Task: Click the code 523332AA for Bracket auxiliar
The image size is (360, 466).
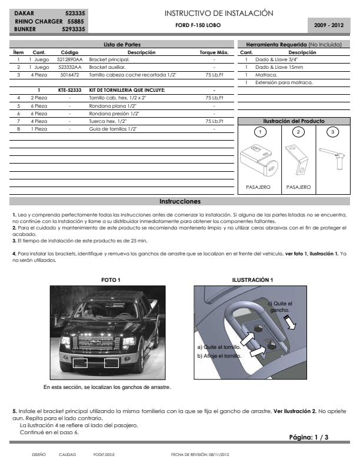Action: coord(70,67)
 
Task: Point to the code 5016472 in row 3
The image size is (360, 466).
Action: coord(70,75)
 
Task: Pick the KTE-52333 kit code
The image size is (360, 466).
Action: coord(70,89)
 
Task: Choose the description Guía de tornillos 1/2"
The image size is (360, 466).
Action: coord(113,128)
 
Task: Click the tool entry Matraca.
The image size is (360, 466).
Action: coord(264,75)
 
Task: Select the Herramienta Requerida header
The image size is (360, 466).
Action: coord(293,44)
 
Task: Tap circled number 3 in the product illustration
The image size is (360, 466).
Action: coord(334,132)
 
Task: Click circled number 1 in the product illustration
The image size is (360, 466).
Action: coord(257,132)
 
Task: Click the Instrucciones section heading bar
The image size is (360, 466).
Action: coord(180,201)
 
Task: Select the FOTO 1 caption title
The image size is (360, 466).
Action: coord(111,279)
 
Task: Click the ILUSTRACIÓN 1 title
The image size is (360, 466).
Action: coord(252,279)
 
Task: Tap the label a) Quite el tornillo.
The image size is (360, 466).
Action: coord(219,348)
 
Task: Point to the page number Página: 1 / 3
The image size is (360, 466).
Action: coord(309,437)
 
